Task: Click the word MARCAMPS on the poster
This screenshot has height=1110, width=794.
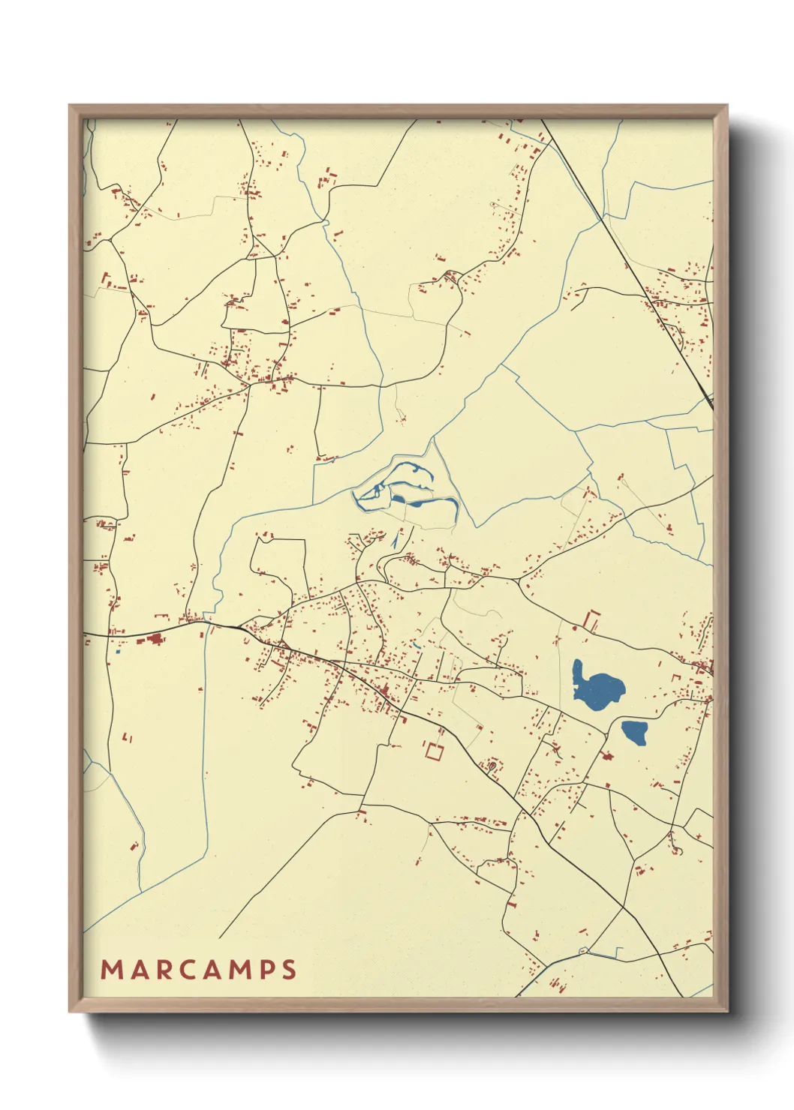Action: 199,970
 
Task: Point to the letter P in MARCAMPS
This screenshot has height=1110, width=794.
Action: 266,970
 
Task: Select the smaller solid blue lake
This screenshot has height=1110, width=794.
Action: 634,731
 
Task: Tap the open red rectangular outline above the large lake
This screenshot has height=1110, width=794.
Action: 592,620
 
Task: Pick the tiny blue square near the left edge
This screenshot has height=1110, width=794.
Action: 118,651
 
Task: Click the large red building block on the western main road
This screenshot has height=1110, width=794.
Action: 156,639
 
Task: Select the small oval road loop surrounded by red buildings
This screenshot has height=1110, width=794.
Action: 492,766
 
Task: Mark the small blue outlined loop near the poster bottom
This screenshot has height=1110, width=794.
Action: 583,951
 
